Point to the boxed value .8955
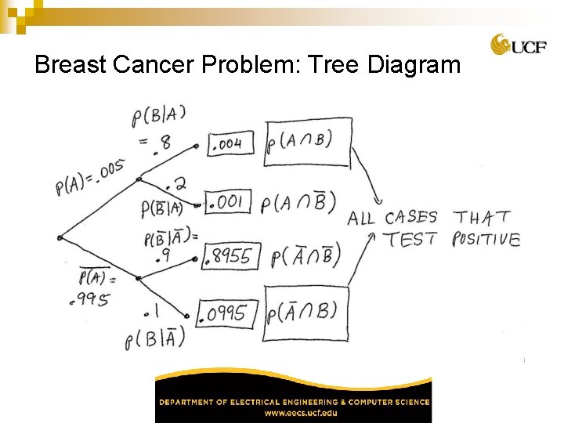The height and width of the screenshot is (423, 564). [x=230, y=255]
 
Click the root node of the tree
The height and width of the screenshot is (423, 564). [x=60, y=237]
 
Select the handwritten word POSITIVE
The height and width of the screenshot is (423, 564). [x=486, y=239]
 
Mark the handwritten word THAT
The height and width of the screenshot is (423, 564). [x=483, y=217]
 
